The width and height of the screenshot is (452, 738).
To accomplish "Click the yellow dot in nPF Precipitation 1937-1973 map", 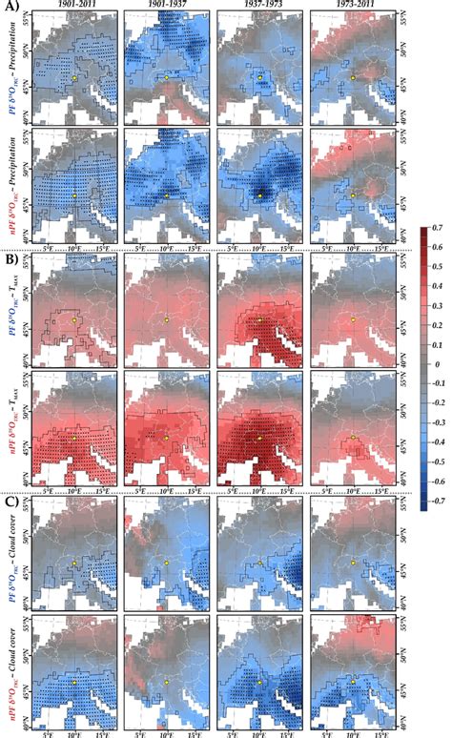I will coord(258,195).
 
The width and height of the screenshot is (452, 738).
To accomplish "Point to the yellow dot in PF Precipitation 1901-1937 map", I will coord(167,77).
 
